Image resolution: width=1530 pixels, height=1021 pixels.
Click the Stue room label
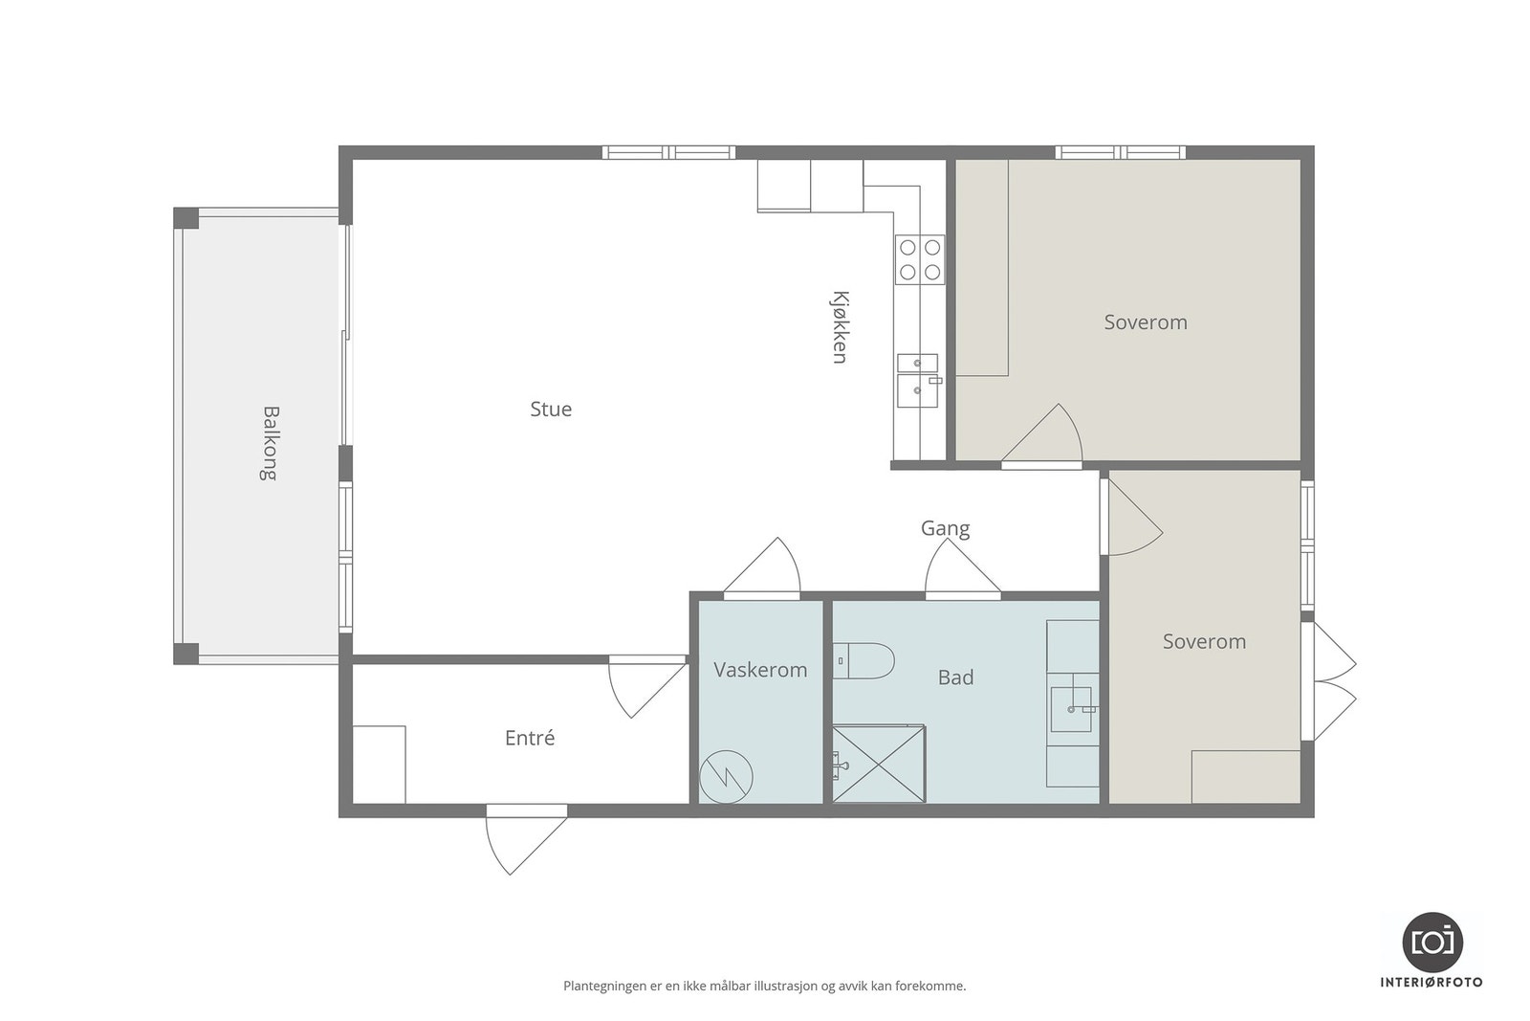[551, 409]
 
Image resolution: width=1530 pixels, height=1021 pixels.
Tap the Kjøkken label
[841, 327]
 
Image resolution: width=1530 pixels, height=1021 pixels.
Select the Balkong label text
[271, 444]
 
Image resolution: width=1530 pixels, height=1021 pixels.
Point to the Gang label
[946, 528]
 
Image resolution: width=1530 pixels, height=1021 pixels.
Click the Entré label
[530, 738]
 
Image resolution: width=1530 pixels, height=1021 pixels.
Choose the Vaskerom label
[760, 670]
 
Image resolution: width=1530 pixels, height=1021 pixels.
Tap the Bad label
[955, 677]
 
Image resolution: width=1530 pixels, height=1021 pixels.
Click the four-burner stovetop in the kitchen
[920, 259]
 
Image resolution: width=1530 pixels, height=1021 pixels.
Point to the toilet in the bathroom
[863, 660]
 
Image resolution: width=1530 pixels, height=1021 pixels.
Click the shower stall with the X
[879, 764]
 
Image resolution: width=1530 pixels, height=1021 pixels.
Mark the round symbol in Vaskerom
[726, 777]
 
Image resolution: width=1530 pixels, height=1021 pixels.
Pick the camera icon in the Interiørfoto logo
[1432, 943]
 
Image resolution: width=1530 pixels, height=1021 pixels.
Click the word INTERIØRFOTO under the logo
[1432, 983]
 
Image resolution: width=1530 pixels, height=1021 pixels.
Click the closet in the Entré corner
[379, 765]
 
